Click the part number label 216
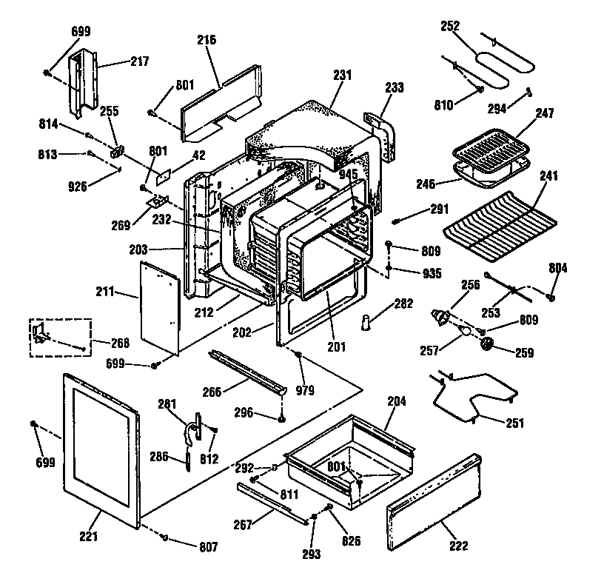coord(207,40)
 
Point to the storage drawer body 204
coord(348,452)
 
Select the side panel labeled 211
coord(158,307)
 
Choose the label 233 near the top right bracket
coord(395,87)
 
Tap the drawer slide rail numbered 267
coord(271,504)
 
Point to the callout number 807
coord(208,547)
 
